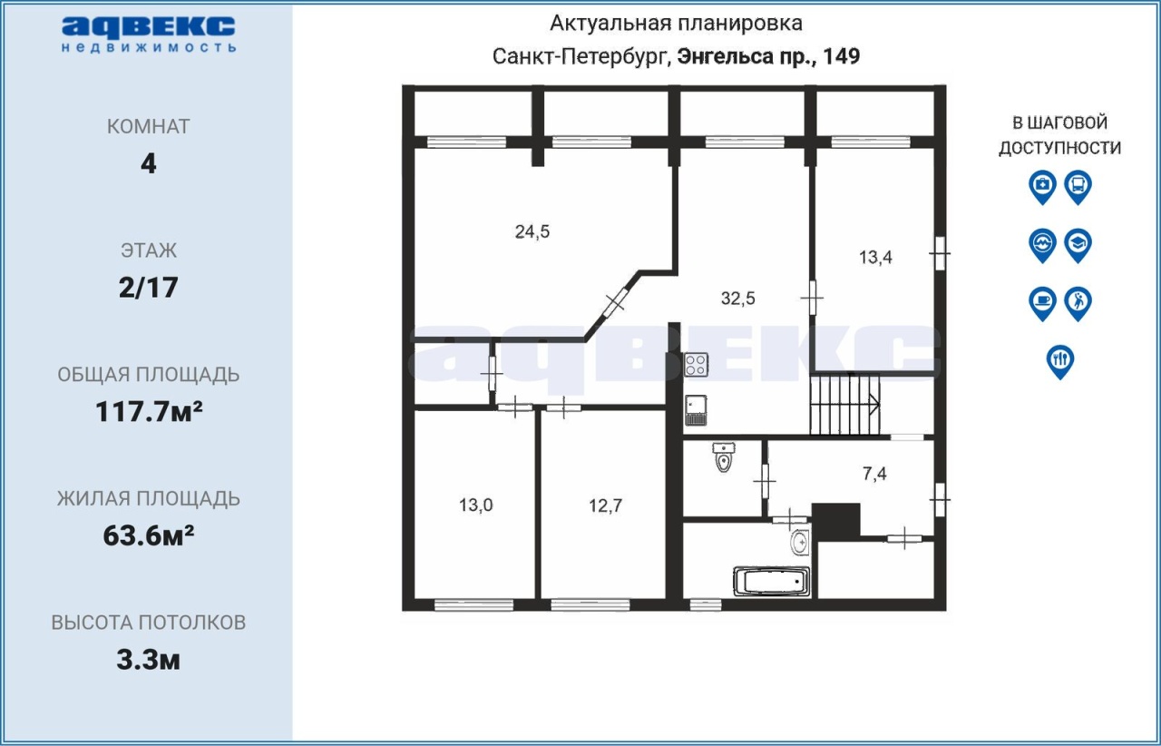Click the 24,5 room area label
532,231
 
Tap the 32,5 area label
738,299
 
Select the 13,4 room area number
875,257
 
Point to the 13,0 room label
476,505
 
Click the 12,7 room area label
605,506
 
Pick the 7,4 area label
874,474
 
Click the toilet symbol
724,456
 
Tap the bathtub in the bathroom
772,581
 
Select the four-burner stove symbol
696,364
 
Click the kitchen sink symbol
696,410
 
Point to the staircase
845,405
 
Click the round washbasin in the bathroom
801,543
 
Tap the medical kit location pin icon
1042,187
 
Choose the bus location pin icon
1078,187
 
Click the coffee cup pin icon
1042,304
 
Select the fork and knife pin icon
1060,362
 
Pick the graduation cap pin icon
1078,246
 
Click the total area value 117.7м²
149,411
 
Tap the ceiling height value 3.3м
148,660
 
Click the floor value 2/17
148,288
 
